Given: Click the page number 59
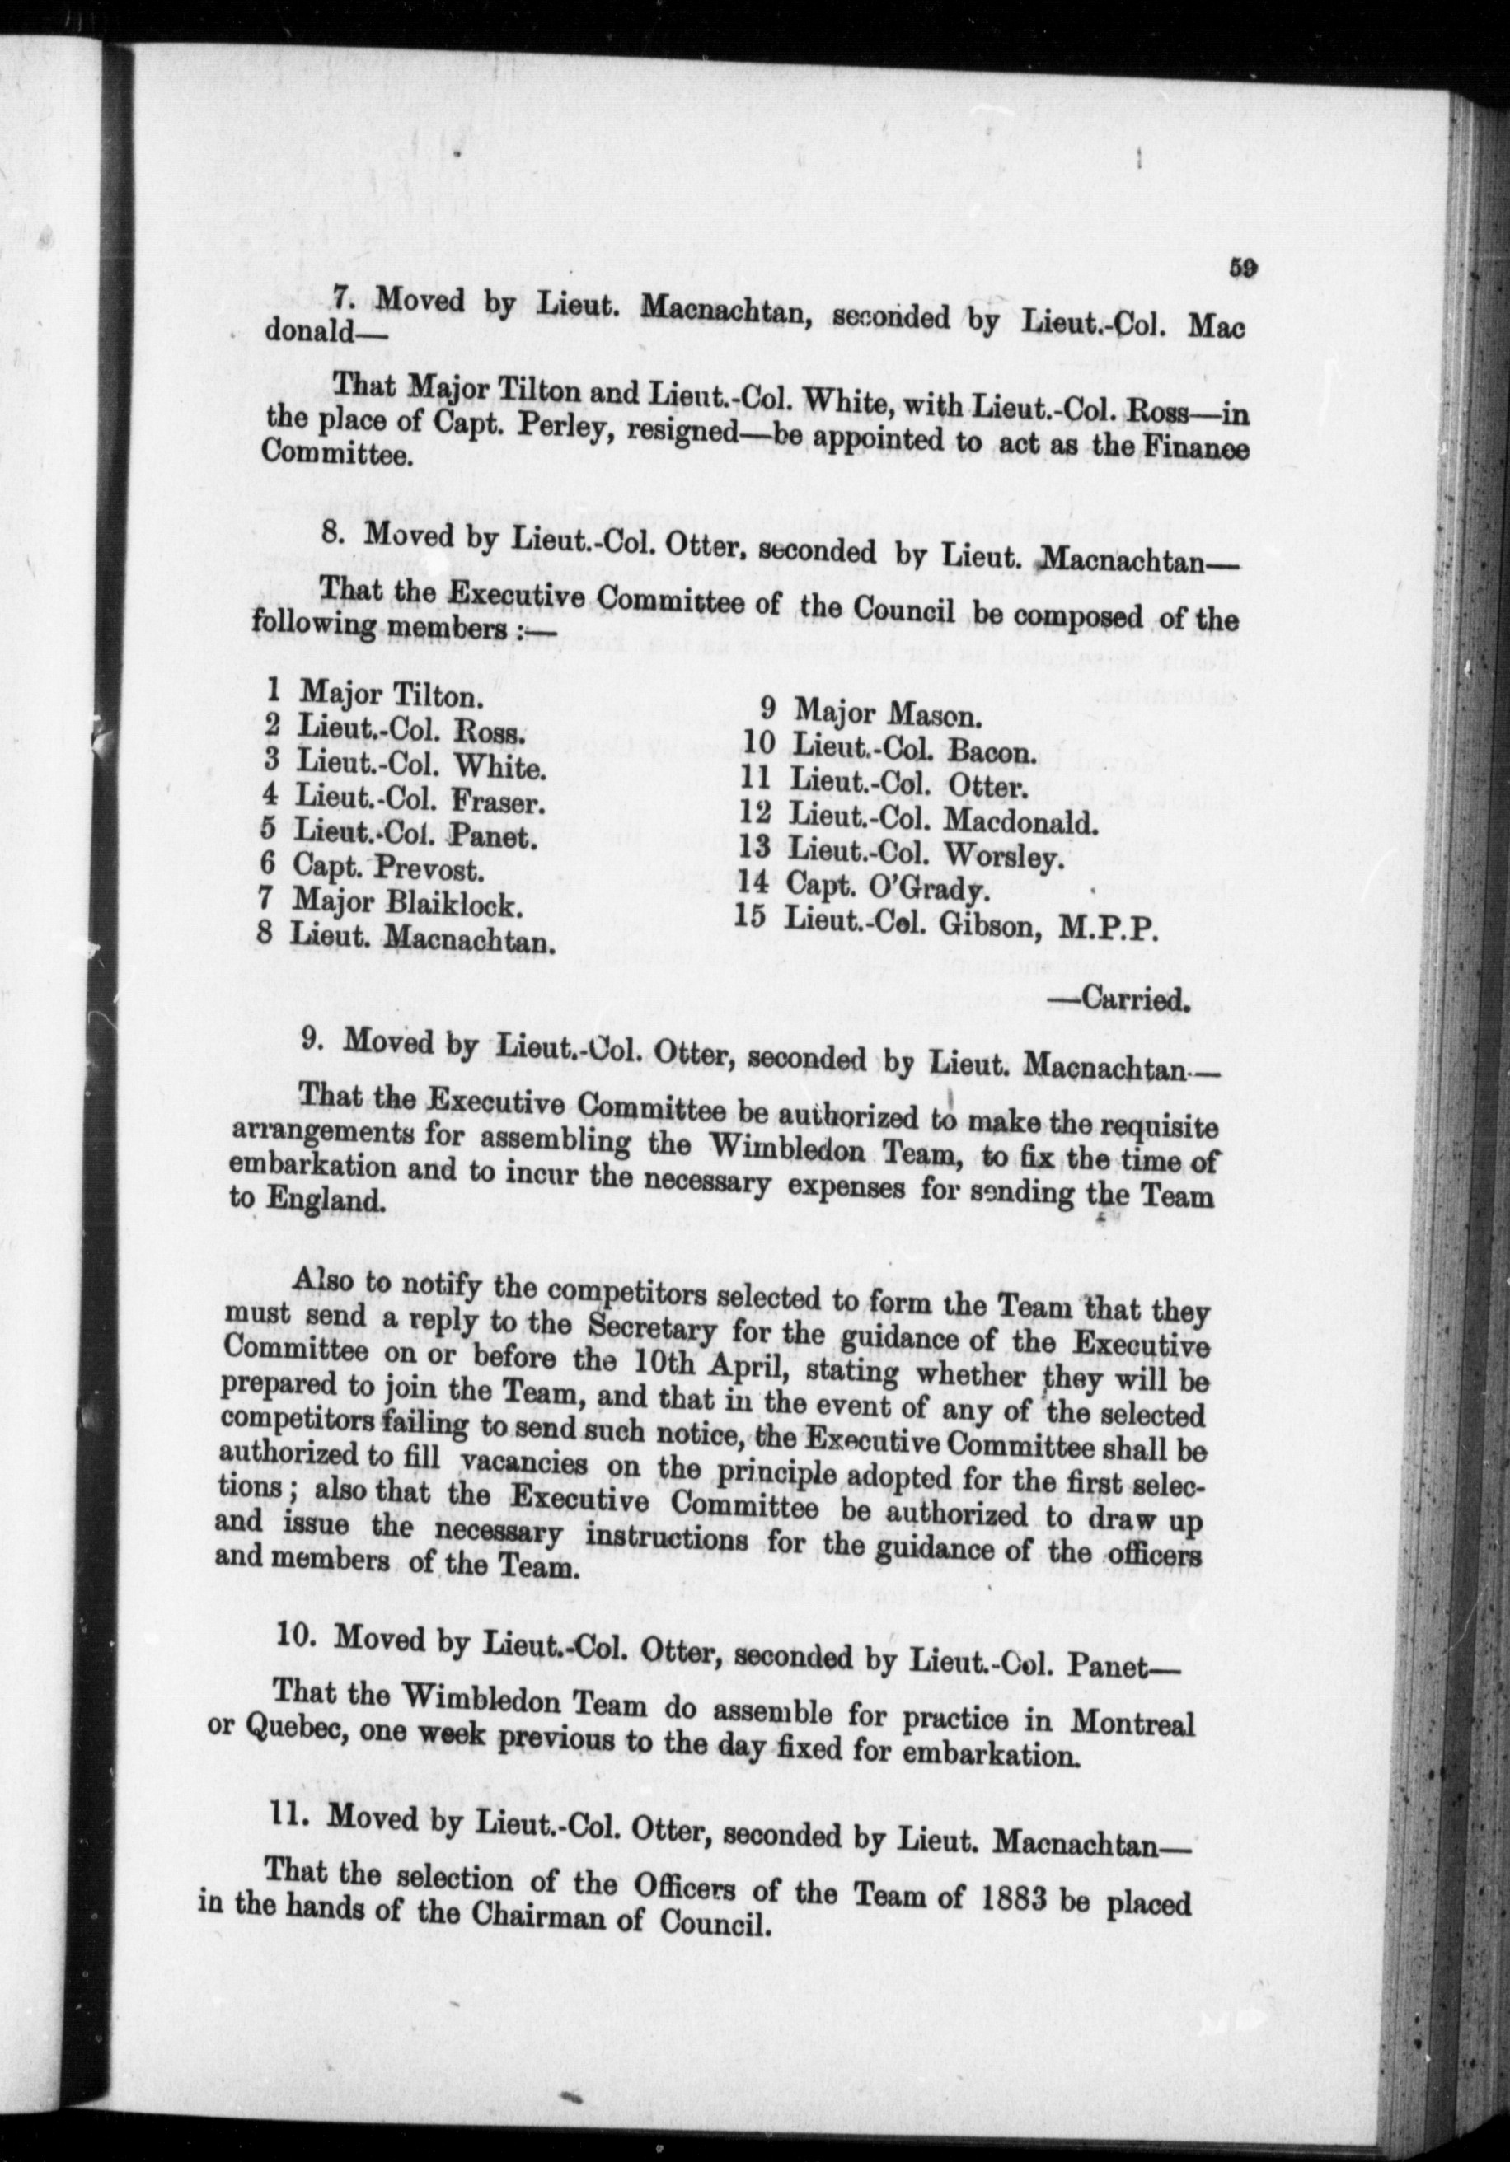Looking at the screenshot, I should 1242,269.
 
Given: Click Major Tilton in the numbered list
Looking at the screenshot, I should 388,696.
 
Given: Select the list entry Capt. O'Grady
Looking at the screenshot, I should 886,886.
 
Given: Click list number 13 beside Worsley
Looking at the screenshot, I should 754,846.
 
